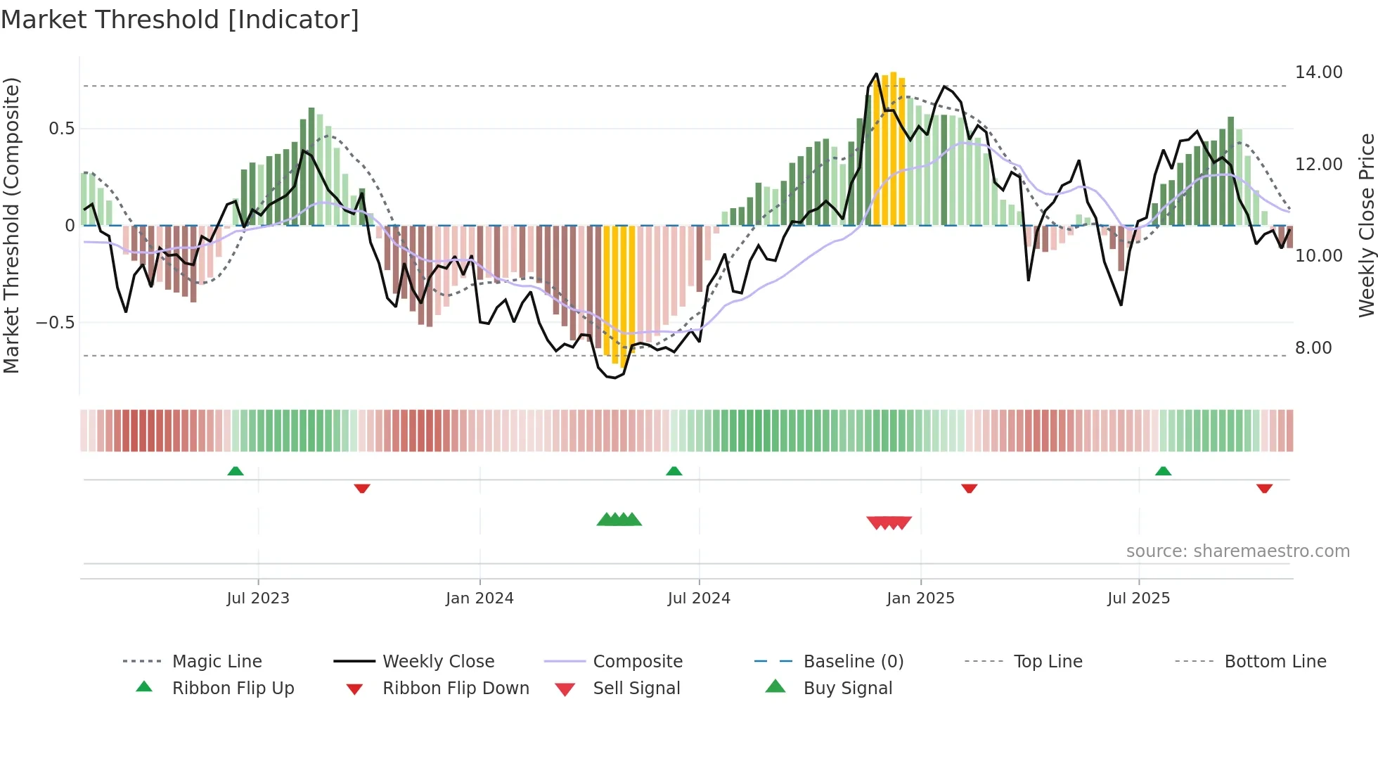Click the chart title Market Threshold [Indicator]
180,20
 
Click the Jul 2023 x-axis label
258,598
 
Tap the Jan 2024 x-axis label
479,598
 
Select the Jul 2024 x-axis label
699,598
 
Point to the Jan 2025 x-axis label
920,598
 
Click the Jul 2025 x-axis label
1138,598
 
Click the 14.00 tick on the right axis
1318,72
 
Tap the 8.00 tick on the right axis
1313,348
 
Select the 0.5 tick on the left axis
61,129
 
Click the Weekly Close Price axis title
1366,225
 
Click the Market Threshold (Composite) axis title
11,225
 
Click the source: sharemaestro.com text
1237,551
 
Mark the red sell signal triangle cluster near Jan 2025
889,523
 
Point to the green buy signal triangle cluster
619,520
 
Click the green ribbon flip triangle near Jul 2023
236,471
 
